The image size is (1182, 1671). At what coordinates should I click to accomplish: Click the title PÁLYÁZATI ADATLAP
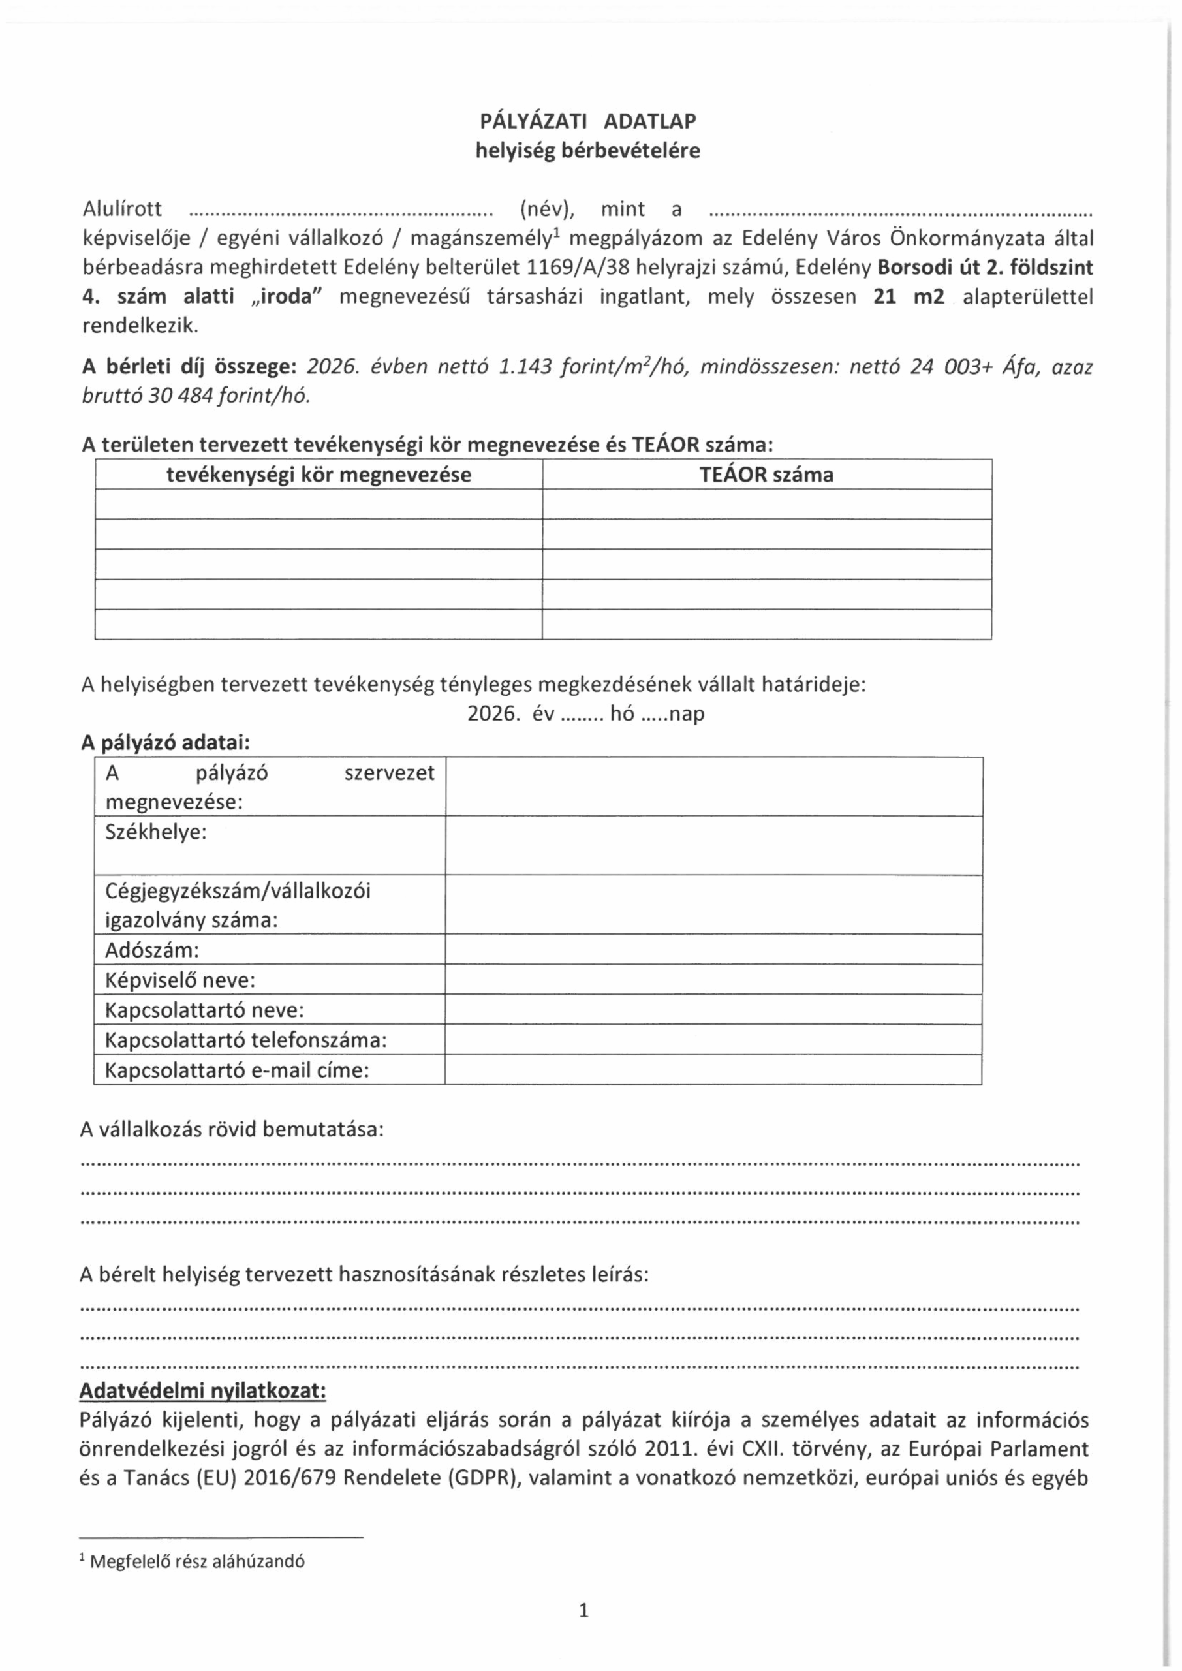[x=587, y=121]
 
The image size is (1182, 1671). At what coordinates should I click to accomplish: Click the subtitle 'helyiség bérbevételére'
[x=587, y=151]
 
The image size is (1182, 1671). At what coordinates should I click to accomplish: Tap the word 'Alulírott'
[x=122, y=210]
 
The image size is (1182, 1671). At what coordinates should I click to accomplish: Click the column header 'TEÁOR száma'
[x=766, y=475]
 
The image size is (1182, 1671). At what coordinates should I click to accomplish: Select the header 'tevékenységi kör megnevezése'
[x=319, y=475]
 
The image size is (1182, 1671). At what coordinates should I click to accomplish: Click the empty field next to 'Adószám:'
[x=713, y=950]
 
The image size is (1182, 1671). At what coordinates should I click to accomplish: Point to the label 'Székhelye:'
[x=157, y=832]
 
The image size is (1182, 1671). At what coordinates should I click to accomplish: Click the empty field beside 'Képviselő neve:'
[x=713, y=980]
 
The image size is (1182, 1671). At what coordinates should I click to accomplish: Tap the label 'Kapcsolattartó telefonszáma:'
[x=246, y=1040]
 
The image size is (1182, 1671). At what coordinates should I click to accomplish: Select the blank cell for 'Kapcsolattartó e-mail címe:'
[x=713, y=1070]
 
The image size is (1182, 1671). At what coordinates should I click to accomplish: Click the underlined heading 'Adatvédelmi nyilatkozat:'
[x=202, y=1391]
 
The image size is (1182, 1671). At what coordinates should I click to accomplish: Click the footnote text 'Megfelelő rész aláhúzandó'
[x=197, y=1561]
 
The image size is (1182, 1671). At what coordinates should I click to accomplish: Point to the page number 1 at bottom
[x=583, y=1610]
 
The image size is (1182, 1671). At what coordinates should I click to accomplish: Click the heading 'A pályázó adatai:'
[x=166, y=743]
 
